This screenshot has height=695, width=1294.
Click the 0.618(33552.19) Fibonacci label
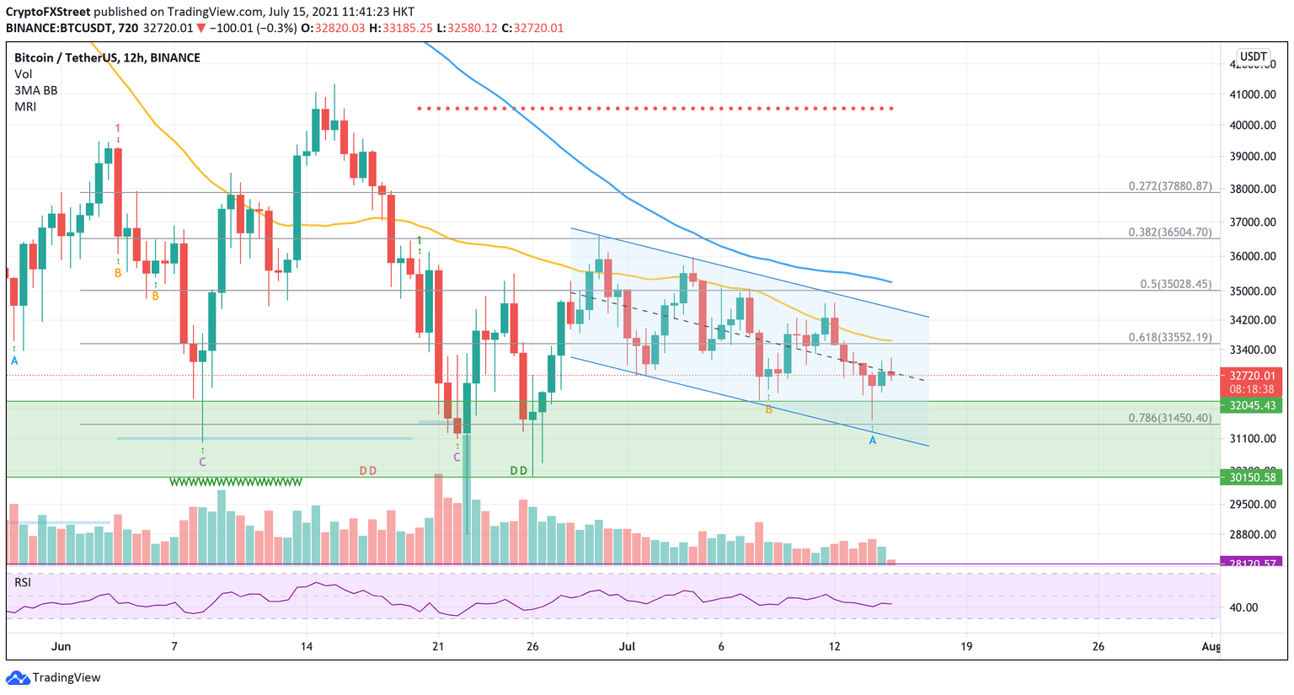pyautogui.click(x=1169, y=337)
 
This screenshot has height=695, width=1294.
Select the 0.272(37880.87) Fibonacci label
pyautogui.click(x=1169, y=186)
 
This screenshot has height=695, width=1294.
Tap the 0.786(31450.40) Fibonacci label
pyautogui.click(x=1169, y=418)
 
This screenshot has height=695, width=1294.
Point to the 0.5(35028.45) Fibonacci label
pyautogui.click(x=1175, y=284)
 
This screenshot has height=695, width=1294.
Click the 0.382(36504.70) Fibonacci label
pyautogui.click(x=1169, y=233)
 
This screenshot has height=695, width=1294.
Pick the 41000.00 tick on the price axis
pyautogui.click(x=1253, y=94)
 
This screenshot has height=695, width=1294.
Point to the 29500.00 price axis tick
pyautogui.click(x=1253, y=504)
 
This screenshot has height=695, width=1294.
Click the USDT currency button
pyautogui.click(x=1253, y=57)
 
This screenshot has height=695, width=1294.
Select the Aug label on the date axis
pyautogui.click(x=1211, y=646)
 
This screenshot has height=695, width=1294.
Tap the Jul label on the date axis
pyautogui.click(x=627, y=646)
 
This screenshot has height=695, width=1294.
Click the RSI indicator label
pyautogui.click(x=23, y=582)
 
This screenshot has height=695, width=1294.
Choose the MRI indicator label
pyautogui.click(x=25, y=106)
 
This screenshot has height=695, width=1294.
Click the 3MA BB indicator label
pyautogui.click(x=35, y=90)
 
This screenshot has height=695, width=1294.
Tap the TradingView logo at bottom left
pyautogui.click(x=54, y=677)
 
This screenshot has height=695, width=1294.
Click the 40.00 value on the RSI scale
pyautogui.click(x=1244, y=607)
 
